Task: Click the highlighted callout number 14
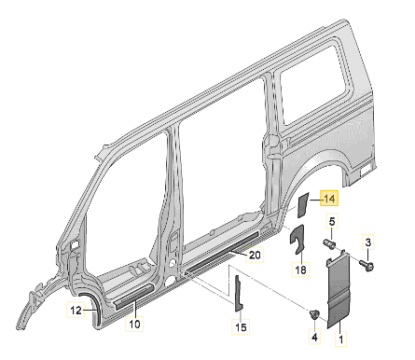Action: pyautogui.click(x=329, y=198)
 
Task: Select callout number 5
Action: pyautogui.click(x=332, y=222)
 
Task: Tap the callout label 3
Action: pyautogui.click(x=367, y=242)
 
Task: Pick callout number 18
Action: pyautogui.click(x=300, y=270)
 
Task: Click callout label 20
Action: pyautogui.click(x=255, y=255)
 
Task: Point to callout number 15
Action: pyautogui.click(x=241, y=326)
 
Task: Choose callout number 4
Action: pyautogui.click(x=314, y=337)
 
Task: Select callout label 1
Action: pyautogui.click(x=340, y=339)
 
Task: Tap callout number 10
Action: pyautogui.click(x=134, y=324)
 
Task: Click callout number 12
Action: pyautogui.click(x=76, y=310)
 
